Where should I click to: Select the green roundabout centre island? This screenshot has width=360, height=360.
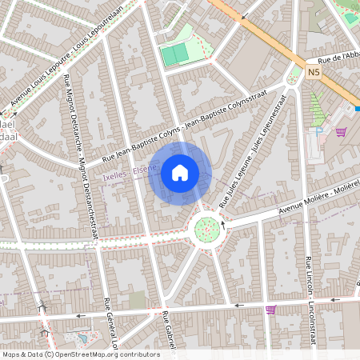[x=208, y=229]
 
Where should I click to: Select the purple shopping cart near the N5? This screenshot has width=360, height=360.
[x=340, y=132]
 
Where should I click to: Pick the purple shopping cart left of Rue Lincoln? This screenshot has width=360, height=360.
[x=270, y=309]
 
